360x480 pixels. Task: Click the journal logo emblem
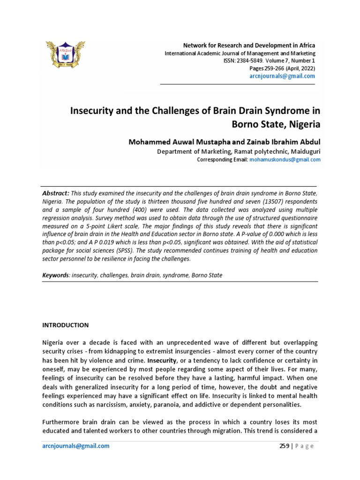[65, 58]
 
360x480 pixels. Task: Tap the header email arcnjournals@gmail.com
[283, 76]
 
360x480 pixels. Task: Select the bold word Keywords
[55, 275]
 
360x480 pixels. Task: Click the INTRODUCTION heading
[65, 325]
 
